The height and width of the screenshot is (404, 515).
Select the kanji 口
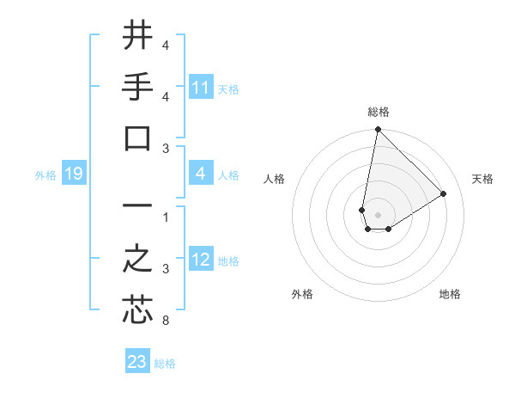[x=137, y=138]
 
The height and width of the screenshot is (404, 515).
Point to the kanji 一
[x=137, y=206]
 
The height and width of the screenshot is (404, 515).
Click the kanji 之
[x=137, y=259]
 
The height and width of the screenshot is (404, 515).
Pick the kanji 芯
[x=137, y=309]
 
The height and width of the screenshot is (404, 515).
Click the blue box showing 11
[x=201, y=88]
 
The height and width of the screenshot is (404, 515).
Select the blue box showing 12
[x=201, y=260]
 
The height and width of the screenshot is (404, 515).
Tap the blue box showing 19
[x=73, y=174]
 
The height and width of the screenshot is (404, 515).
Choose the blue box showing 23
[x=137, y=362]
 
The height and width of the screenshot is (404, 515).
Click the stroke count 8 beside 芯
[x=165, y=321]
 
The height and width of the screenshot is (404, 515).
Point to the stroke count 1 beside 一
[x=165, y=217]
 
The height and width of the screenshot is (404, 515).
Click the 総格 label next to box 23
[x=165, y=364]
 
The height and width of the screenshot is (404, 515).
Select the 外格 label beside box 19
[x=45, y=175]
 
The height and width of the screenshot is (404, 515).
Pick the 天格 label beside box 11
[x=228, y=89]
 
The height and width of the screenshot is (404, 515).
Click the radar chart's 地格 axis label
[x=450, y=295]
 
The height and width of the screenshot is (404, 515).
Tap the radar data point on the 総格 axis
[x=378, y=131]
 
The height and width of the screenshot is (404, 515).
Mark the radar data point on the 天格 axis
[x=444, y=193]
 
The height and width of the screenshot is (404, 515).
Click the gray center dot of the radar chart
[x=378, y=215]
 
